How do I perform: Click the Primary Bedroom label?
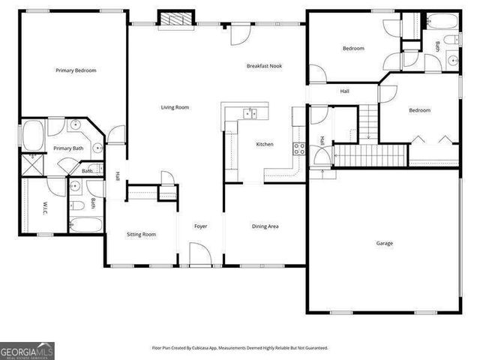tap(76, 70)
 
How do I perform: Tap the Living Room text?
tap(175, 107)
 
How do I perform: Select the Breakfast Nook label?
tap(264, 66)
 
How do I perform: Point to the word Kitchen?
tap(265, 144)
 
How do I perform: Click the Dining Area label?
tap(265, 226)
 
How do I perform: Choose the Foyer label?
tap(200, 226)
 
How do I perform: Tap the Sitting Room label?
tap(141, 235)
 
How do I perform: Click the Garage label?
tap(384, 243)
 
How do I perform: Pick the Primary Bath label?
tap(67, 148)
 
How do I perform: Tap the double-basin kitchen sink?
tap(250, 113)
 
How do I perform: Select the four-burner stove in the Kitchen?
tap(298, 148)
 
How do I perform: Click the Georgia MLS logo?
tap(27, 351)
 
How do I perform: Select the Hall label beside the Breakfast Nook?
tap(344, 91)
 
